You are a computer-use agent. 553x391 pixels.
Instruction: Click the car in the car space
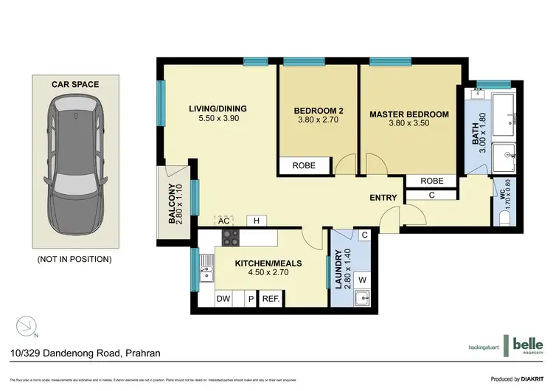(x=74, y=169)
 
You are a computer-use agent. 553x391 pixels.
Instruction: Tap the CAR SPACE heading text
(x=74, y=85)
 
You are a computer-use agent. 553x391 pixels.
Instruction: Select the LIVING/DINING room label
(x=217, y=109)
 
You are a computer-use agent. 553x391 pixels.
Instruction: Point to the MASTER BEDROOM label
(x=409, y=114)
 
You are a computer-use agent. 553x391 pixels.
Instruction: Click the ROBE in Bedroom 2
(x=304, y=166)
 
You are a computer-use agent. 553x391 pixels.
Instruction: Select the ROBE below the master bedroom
(x=432, y=181)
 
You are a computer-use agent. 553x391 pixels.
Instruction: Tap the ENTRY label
(x=383, y=198)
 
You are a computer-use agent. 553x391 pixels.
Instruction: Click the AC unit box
(x=223, y=221)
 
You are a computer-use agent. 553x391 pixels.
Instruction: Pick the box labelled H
(x=257, y=221)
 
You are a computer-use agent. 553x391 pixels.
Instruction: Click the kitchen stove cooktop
(x=231, y=238)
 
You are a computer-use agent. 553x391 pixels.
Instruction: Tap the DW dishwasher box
(x=223, y=299)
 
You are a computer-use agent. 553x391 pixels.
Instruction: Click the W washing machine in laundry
(x=363, y=279)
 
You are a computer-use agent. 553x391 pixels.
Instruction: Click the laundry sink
(x=362, y=298)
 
